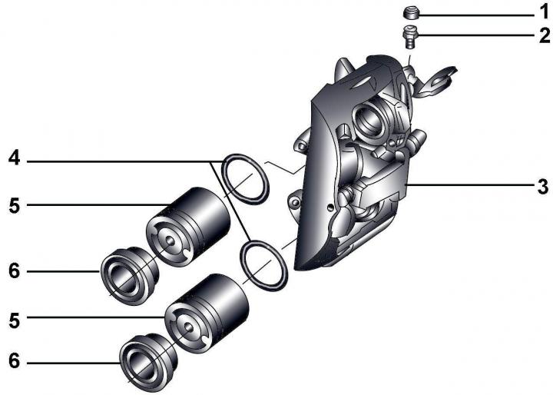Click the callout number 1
545,13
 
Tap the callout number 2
545,35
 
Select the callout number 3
544,187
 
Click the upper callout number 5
14,206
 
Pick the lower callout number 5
14,321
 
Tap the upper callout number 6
14,271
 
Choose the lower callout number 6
14,361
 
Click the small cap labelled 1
411,13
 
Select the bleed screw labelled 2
409,37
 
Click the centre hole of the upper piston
171,241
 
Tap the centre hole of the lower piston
189,327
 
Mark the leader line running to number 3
470,184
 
